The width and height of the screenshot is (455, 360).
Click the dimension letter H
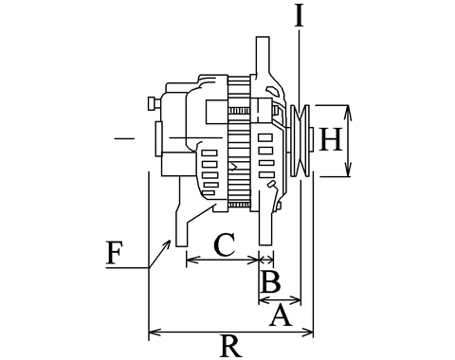click(331, 138)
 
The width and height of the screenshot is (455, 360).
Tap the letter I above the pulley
click(299, 16)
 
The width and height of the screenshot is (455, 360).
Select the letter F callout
click(114, 253)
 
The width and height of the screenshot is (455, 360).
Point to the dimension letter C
click(225, 244)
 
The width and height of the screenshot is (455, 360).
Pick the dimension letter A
click(281, 315)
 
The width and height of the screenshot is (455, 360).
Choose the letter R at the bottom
click(232, 346)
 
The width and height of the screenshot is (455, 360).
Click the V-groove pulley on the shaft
click(300, 140)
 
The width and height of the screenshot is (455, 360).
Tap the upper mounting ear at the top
click(263, 57)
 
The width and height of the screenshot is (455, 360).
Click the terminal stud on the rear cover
click(154, 103)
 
